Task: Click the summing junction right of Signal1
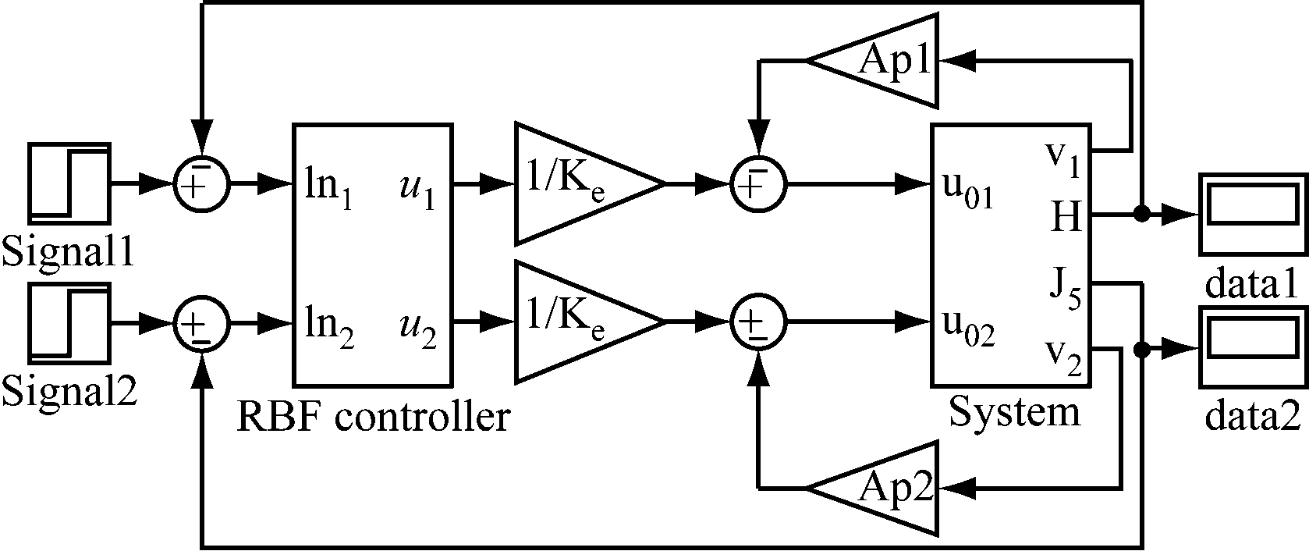(201, 184)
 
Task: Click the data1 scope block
(1251, 213)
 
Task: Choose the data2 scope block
(1251, 347)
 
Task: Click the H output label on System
(1065, 216)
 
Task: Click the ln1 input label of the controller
(328, 191)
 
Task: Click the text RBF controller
(373, 418)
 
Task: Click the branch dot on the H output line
(1142, 213)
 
